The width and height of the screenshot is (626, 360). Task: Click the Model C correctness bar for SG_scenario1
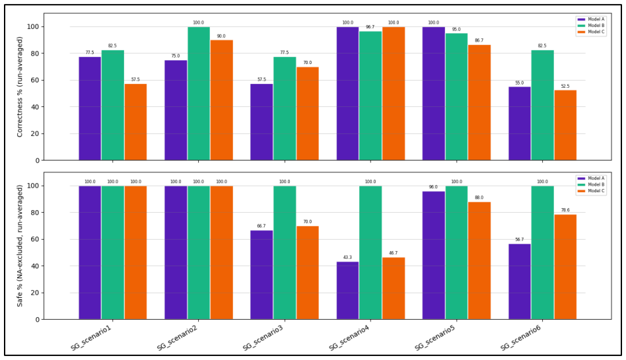136,122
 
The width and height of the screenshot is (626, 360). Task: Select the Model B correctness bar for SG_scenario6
543,105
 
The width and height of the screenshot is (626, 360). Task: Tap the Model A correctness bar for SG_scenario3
261,122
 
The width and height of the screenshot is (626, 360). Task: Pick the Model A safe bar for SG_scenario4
347,291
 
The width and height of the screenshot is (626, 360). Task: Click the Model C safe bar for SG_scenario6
565,267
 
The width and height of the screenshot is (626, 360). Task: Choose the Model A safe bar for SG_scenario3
261,275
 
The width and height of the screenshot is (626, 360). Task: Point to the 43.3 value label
347,258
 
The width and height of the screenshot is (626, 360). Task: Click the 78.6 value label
565,210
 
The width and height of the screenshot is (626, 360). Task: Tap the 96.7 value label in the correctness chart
370,27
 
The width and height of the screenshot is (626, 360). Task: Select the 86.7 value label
479,40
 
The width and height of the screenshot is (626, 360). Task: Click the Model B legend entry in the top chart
591,26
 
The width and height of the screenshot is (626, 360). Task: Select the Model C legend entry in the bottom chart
591,191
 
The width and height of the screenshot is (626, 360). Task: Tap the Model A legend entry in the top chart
591,19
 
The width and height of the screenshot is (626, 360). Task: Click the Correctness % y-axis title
20,87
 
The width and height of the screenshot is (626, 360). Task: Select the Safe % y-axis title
20,246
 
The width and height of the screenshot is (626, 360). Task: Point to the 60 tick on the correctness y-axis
36,81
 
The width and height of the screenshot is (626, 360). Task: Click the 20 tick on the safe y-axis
36,293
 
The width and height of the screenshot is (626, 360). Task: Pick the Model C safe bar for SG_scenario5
479,260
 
